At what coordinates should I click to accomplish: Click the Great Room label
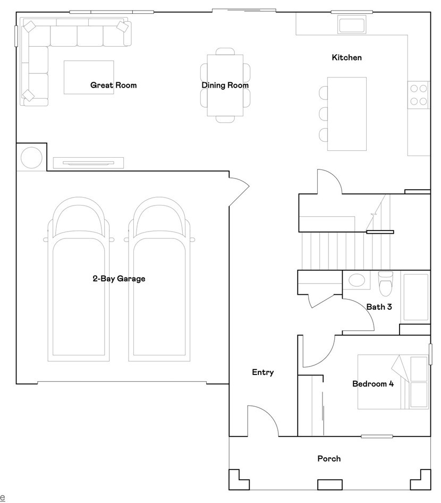(113, 85)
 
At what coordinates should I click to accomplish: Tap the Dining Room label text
(225, 85)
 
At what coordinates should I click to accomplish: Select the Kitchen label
(346, 57)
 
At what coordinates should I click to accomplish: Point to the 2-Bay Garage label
(118, 278)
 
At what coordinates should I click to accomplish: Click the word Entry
(262, 372)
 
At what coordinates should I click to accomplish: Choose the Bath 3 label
(379, 306)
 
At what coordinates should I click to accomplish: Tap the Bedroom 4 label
(373, 383)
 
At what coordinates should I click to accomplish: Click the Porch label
(329, 458)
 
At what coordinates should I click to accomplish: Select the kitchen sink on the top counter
(351, 25)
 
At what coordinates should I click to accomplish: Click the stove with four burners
(419, 95)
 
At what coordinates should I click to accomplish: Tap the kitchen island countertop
(347, 114)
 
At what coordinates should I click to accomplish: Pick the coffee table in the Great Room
(89, 77)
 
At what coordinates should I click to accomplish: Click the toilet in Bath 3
(385, 284)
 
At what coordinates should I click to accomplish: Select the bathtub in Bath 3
(415, 297)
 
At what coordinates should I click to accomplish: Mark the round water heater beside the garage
(31, 157)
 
